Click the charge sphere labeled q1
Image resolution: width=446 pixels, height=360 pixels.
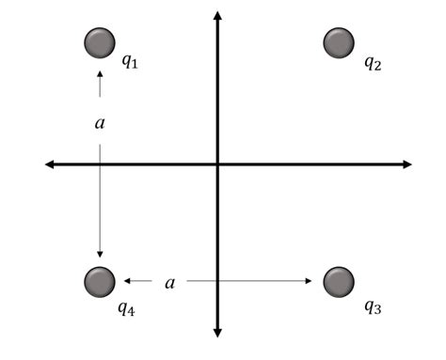tap(99, 42)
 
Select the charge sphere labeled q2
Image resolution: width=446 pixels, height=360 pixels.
tap(338, 42)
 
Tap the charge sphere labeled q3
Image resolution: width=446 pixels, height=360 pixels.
tap(338, 281)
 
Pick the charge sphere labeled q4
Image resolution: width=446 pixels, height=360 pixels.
tap(99, 281)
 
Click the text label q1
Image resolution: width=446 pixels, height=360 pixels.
tap(130, 63)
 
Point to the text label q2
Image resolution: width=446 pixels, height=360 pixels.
tap(373, 63)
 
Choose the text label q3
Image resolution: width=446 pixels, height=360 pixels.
tap(373, 305)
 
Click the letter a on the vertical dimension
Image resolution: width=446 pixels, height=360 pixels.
tap(100, 122)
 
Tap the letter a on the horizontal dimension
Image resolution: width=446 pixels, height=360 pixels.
tap(169, 282)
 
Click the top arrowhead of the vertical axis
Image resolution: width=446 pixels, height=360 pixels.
tap(217, 14)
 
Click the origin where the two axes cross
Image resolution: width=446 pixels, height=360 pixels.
tap(217, 165)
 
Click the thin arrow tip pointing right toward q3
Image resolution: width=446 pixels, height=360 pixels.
tap(311, 281)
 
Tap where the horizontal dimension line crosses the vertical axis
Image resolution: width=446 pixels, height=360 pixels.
tap(217, 281)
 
